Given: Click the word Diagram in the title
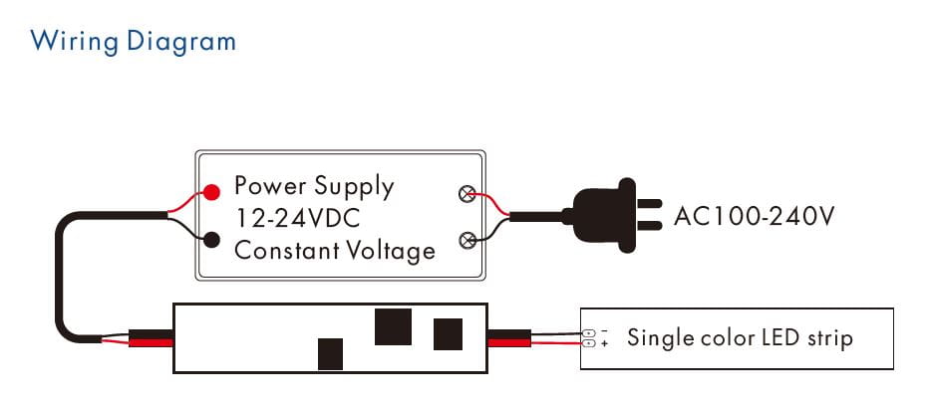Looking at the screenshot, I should click(179, 42).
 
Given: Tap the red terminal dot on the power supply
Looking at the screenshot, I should click(211, 192).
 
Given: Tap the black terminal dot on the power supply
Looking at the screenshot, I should click(211, 239).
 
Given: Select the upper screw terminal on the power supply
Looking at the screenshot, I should click(465, 194).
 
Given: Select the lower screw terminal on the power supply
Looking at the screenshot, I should click(465, 239).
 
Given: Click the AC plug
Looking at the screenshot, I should click(603, 214).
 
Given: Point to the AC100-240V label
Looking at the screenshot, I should click(754, 215).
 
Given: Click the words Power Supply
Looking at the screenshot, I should click(314, 186).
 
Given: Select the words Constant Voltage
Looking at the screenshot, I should click(335, 250).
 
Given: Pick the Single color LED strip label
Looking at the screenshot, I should click(740, 338).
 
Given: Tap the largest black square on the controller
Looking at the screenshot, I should click(394, 325).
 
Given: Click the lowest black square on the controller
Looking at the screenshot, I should click(330, 353).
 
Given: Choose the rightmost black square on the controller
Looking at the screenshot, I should click(449, 332).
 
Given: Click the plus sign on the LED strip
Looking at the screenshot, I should click(605, 344).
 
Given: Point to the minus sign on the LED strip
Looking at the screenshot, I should click(605, 330).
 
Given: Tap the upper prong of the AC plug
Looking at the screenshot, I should click(649, 201).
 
